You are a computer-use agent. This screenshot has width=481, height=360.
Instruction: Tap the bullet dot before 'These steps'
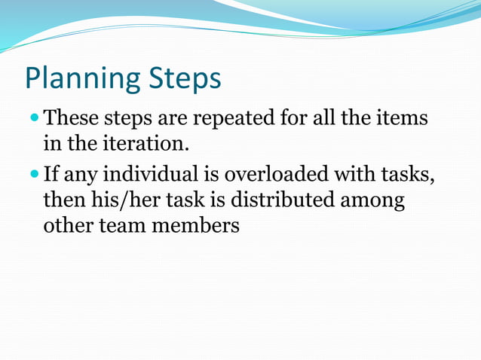point(35,118)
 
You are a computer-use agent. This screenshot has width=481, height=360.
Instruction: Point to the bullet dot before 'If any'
point(35,175)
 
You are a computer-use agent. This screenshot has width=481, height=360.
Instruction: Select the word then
point(64,200)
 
